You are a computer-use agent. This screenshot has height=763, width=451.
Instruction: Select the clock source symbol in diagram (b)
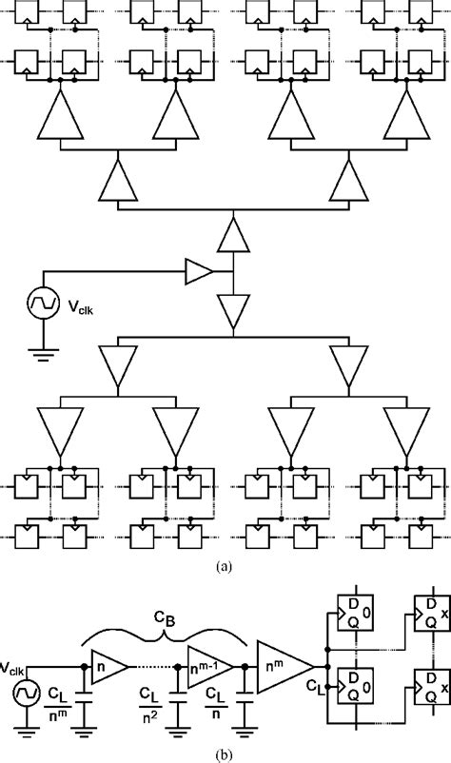tap(23, 691)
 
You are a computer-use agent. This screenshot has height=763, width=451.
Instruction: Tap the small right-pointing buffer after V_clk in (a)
tap(199, 272)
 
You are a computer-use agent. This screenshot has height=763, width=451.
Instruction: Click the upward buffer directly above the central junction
tap(230, 233)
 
